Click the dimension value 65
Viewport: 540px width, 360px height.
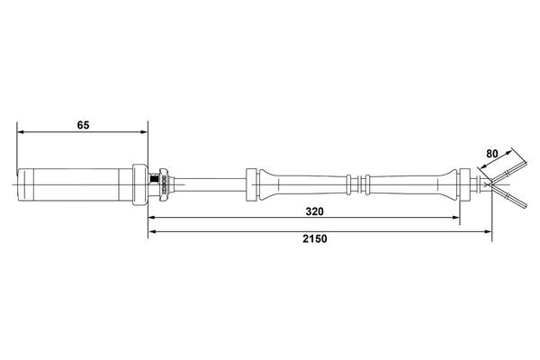tap(83, 126)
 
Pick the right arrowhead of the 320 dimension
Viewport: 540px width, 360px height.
tap(457, 219)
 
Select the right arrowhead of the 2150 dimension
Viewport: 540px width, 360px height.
tap(489, 231)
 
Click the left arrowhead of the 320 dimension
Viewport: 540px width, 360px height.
tap(153, 219)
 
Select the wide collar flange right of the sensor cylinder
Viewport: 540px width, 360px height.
tap(140, 184)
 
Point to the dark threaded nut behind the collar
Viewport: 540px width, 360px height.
tap(163, 184)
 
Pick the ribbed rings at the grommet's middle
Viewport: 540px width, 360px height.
tap(360, 184)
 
